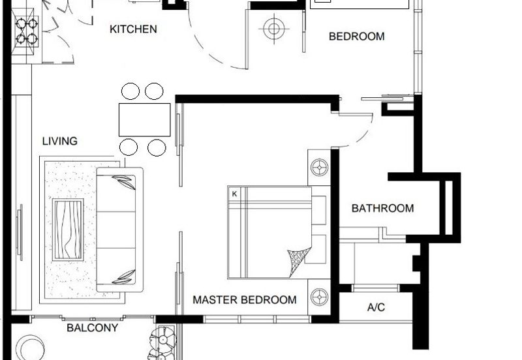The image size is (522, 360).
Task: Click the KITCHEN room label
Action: [133, 29]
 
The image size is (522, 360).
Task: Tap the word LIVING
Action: [60, 141]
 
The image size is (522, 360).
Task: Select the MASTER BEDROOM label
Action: [245, 300]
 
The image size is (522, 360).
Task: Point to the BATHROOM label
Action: [383, 208]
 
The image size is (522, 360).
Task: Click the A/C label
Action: [376, 307]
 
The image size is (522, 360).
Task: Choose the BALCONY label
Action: [92, 328]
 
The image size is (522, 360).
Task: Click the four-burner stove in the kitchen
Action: [27, 31]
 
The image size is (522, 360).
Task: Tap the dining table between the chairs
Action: [145, 120]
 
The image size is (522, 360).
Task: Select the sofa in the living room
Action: [120, 230]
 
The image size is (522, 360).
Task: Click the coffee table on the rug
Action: [68, 230]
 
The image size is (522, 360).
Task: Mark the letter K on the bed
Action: [234, 194]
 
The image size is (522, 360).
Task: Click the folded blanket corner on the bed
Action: [298, 260]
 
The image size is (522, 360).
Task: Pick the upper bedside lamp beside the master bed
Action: [319, 167]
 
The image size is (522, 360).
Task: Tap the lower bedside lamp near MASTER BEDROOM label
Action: [319, 297]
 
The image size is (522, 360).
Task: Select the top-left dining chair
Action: [130, 91]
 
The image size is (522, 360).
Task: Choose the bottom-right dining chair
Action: [157, 147]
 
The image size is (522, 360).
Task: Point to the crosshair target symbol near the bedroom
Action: [274, 29]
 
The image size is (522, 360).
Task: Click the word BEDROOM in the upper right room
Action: [356, 37]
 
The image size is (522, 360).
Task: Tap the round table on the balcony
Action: [31, 348]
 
